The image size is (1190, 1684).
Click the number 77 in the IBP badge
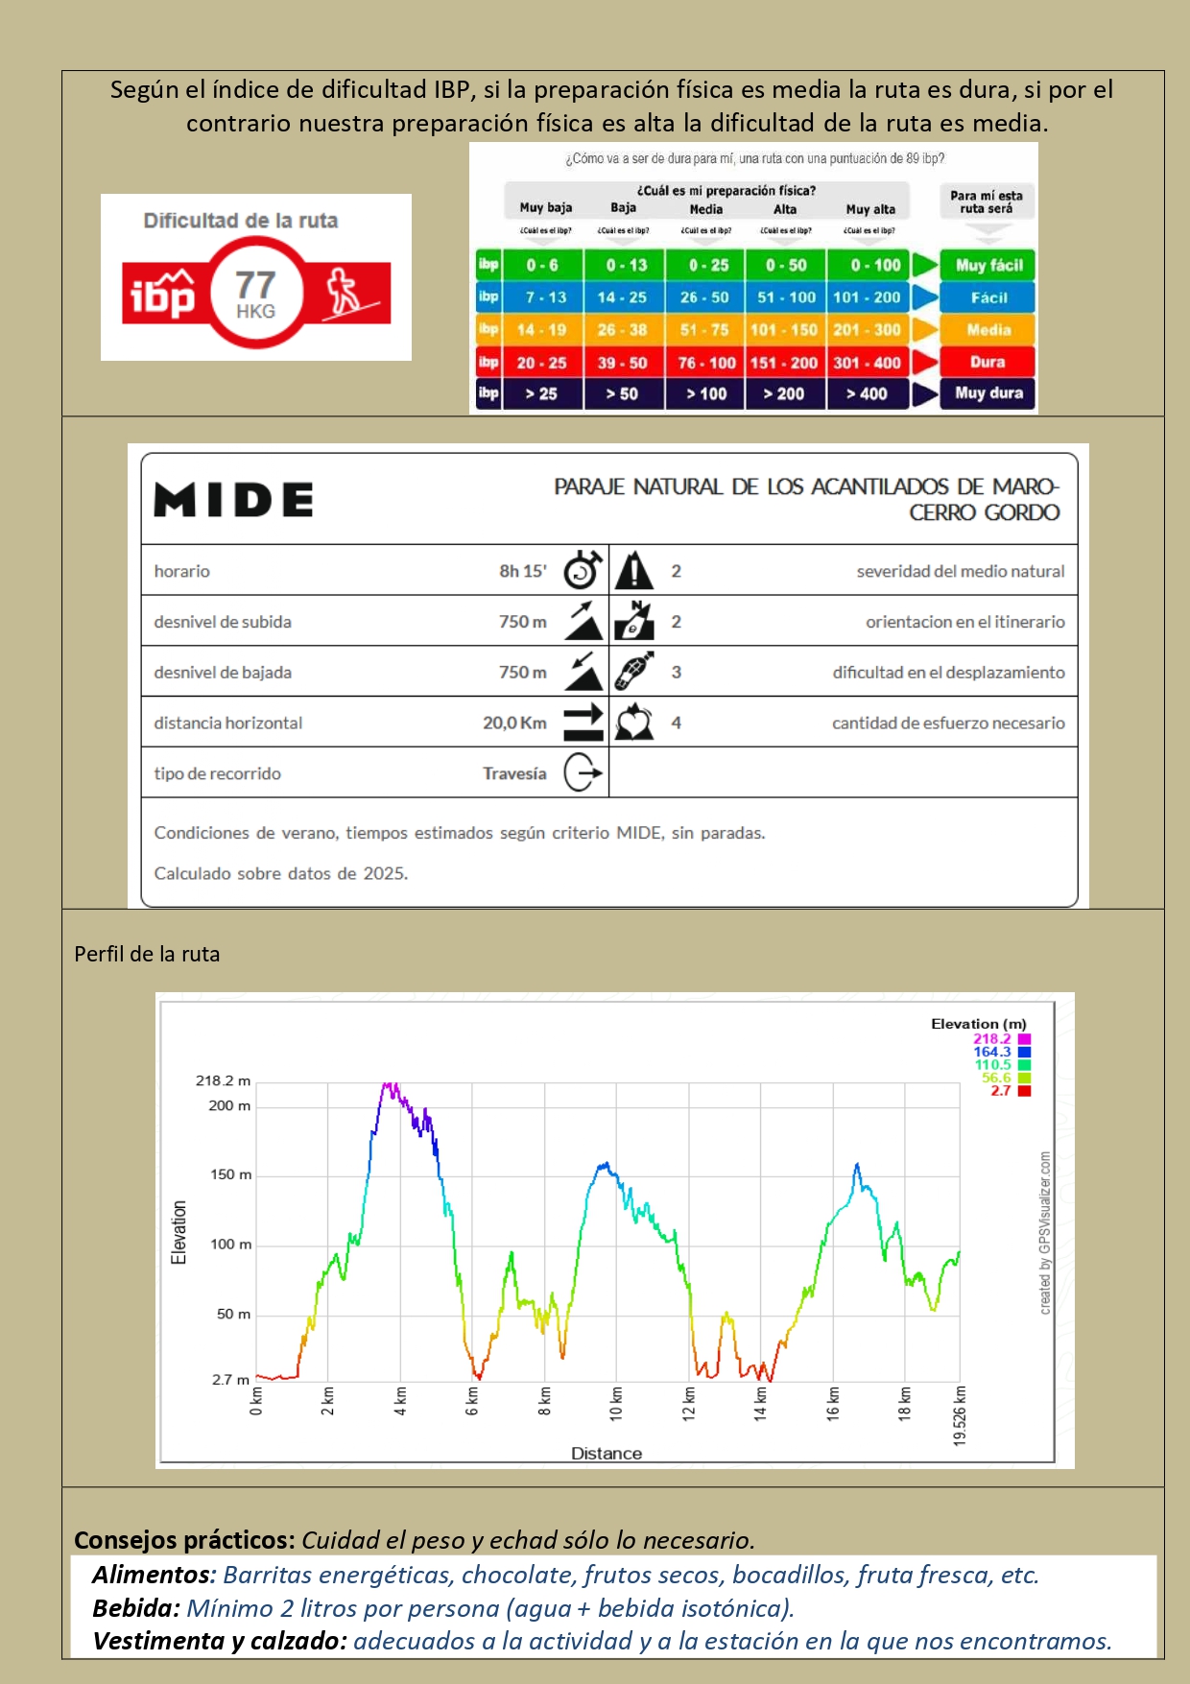click(x=255, y=285)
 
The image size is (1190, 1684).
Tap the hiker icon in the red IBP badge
click(x=343, y=294)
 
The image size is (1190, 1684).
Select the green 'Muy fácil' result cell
click(x=988, y=265)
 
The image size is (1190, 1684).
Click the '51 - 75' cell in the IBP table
click(x=704, y=330)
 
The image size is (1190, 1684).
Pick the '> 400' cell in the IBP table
click(x=868, y=393)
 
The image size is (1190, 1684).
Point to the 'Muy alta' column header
click(x=870, y=209)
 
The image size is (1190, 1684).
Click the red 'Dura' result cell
click(x=988, y=362)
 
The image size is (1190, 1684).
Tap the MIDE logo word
click(x=233, y=500)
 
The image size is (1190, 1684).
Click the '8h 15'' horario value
click(x=522, y=571)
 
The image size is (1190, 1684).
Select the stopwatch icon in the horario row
click(x=583, y=571)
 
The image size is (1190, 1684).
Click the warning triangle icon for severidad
click(x=633, y=571)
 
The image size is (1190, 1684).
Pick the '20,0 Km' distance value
click(x=514, y=723)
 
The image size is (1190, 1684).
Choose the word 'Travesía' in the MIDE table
click(x=514, y=773)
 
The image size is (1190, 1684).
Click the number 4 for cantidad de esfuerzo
click(x=677, y=723)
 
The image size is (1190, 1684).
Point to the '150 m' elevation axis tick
click(x=230, y=1174)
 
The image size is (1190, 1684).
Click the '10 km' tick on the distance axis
click(x=616, y=1403)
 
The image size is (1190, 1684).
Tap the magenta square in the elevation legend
click(x=1024, y=1039)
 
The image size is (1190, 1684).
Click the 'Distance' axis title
click(x=607, y=1454)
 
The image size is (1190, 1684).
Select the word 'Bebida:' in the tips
click(x=136, y=1608)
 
